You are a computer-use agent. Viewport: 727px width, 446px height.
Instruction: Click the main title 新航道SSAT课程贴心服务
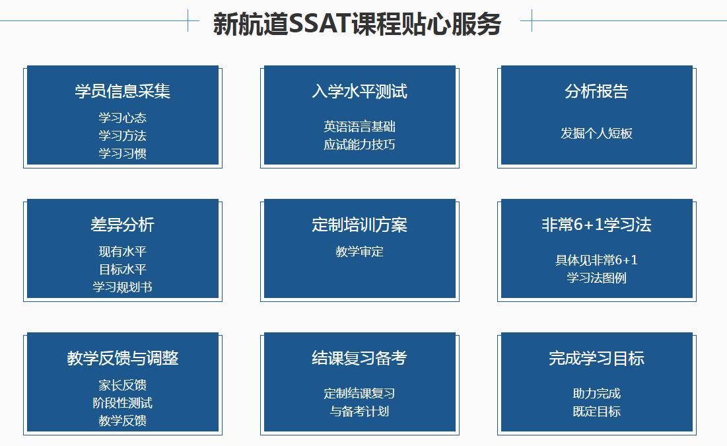click(x=357, y=24)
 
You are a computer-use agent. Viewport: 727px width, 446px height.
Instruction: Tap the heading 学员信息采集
click(x=122, y=91)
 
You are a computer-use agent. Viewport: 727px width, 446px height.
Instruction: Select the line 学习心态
click(x=122, y=118)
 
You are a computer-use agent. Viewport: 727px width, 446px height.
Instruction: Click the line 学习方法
click(x=122, y=135)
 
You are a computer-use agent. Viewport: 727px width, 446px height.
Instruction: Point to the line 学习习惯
click(x=122, y=153)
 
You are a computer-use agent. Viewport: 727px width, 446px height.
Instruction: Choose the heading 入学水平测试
click(x=359, y=91)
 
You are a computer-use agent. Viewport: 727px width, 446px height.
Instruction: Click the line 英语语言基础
click(x=359, y=127)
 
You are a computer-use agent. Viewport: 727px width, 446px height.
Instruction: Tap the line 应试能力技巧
click(x=359, y=144)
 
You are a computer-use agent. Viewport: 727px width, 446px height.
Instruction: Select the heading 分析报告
click(x=596, y=91)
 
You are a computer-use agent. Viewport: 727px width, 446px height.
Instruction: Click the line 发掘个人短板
click(x=596, y=133)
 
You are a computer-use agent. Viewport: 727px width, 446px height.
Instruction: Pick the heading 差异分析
click(x=122, y=225)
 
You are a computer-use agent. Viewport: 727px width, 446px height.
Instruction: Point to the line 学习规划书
click(x=122, y=287)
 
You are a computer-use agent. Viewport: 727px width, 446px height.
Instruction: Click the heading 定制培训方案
click(x=359, y=225)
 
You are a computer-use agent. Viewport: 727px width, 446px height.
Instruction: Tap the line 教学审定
click(x=359, y=252)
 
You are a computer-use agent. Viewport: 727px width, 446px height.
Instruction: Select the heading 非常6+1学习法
click(x=596, y=225)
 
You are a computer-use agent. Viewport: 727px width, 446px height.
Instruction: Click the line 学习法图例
click(x=596, y=278)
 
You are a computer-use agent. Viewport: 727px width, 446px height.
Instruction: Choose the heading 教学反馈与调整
click(x=122, y=358)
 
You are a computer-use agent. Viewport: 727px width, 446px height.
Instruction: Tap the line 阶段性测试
click(x=122, y=403)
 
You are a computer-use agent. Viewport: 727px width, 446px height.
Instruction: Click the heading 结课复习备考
click(x=359, y=358)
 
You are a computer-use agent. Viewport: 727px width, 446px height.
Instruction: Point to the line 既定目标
click(x=596, y=412)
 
